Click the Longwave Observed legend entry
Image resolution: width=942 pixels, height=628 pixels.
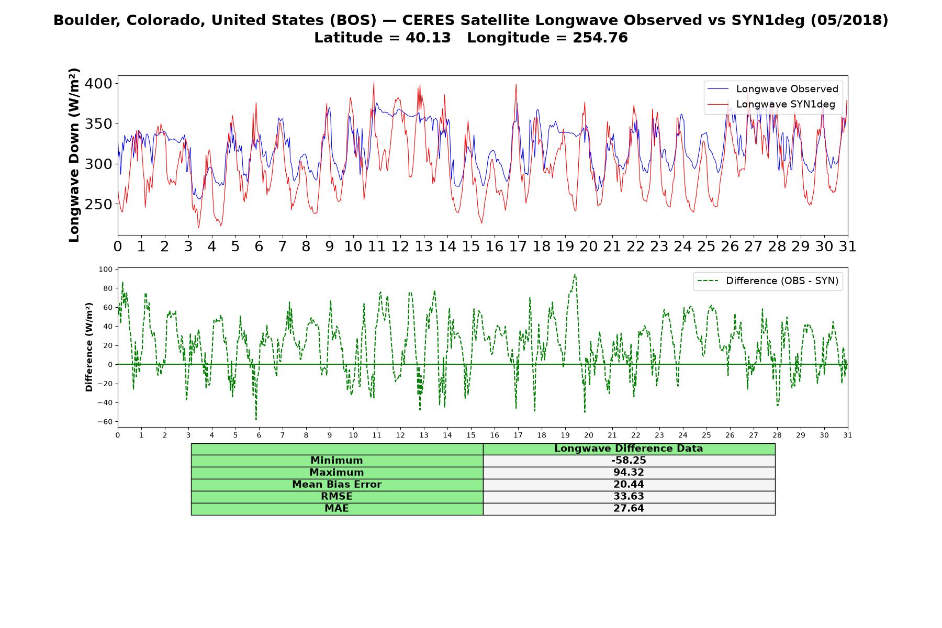[772, 89]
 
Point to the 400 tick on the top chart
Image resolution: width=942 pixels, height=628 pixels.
[99, 84]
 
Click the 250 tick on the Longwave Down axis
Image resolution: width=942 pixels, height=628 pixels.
[99, 205]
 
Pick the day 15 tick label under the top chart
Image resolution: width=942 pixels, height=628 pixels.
[470, 246]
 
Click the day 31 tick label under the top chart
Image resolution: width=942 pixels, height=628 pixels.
[847, 246]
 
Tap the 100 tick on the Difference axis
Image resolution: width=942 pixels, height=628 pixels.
[106, 269]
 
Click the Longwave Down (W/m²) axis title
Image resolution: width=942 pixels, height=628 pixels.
[74, 155]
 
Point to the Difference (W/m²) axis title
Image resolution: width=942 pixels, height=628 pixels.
[89, 347]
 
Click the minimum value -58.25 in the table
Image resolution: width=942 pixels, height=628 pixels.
[629, 461]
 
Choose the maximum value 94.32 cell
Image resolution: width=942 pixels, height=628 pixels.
[629, 473]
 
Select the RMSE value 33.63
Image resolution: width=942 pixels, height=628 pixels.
[629, 496]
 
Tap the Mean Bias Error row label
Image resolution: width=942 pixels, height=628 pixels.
[337, 485]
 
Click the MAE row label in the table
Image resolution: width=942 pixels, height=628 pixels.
[337, 508]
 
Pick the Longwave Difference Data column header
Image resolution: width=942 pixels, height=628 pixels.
[629, 448]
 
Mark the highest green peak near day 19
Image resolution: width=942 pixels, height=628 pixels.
[575, 274]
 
